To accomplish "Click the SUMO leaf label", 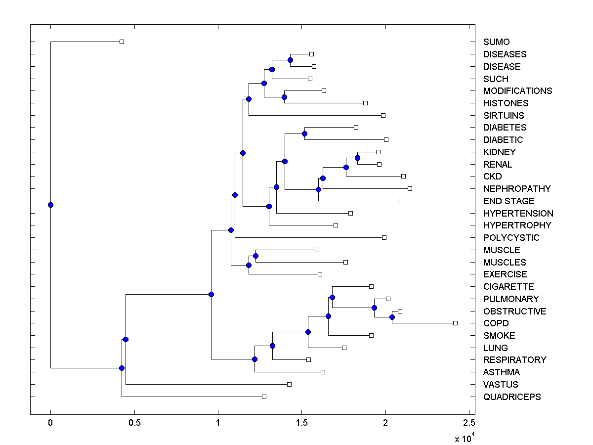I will tap(496, 42).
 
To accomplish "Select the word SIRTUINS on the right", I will tap(504, 115).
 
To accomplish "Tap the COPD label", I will tap(496, 323).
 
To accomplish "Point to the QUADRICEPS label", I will tap(512, 397).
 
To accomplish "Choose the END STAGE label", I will tap(508, 201).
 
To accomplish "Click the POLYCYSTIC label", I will tap(511, 237).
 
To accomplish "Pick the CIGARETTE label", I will tap(508, 286).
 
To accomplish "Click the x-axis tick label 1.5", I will tap(302, 422).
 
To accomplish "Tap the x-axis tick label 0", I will tap(50, 422).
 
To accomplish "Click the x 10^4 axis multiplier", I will tap(464, 438).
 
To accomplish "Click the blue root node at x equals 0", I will tap(50, 205).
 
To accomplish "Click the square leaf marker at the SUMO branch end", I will tap(122, 42).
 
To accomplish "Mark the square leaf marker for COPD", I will tap(455, 323).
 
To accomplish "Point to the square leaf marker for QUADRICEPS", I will tap(264, 397).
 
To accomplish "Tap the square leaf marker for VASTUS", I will tap(289, 384).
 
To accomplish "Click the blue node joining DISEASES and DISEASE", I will tap(290, 60).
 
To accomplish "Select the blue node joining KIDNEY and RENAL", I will tap(357, 158).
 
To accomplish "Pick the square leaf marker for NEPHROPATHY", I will tap(410, 188).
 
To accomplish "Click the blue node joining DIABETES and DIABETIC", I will tap(304, 133).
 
